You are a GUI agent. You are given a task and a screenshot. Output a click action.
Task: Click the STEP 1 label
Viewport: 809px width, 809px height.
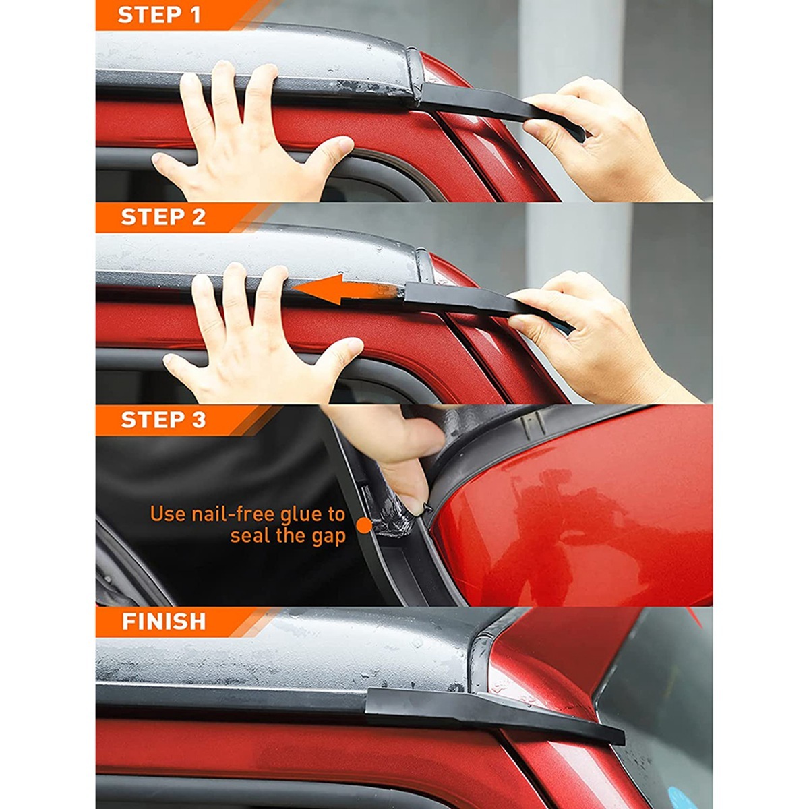(x=159, y=15)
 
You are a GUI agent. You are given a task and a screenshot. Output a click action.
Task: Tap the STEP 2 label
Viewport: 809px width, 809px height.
(x=163, y=217)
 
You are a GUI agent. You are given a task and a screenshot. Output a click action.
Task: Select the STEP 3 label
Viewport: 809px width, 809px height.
(x=163, y=419)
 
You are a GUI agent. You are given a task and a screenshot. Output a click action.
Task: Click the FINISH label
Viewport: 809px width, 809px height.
(x=164, y=622)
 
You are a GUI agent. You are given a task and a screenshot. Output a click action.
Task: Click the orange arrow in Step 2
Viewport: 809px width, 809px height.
(x=345, y=290)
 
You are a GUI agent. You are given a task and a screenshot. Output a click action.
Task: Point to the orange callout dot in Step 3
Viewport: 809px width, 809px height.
(x=365, y=525)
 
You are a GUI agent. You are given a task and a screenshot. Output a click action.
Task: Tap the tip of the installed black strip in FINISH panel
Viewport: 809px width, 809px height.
(x=623, y=743)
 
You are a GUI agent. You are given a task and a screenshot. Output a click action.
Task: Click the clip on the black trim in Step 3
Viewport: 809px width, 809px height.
(x=531, y=423)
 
